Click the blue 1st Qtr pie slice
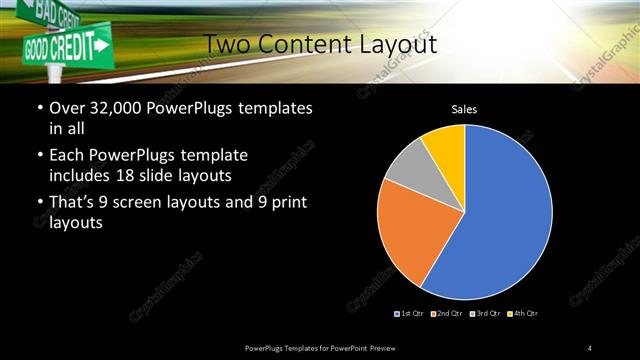pyautogui.click(x=505, y=215)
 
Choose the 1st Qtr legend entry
pyautogui.click(x=411, y=314)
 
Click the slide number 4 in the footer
pyautogui.click(x=590, y=347)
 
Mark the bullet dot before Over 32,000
pyautogui.click(x=39, y=107)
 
